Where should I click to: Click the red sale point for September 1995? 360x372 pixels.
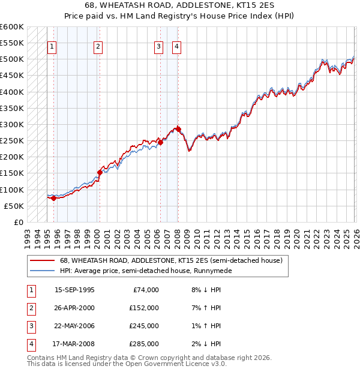pos(54,198)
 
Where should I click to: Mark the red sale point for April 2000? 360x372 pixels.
pos(100,172)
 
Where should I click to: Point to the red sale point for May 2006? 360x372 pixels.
pos(160,142)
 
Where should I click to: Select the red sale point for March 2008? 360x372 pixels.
pos(178,129)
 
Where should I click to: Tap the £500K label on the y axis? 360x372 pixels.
pos(12,59)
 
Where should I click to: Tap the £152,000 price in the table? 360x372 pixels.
pos(144,308)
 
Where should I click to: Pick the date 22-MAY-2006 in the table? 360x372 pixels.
pos(74,326)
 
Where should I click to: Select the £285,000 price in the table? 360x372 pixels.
pos(144,344)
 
